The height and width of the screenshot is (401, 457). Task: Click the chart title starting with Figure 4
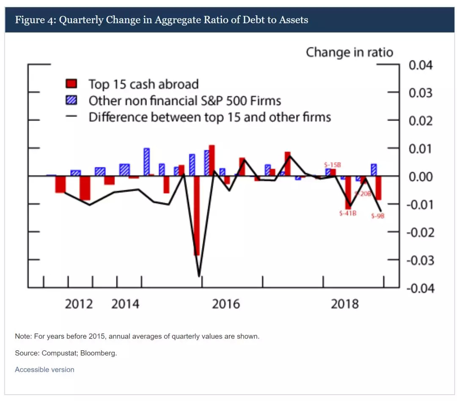[x=161, y=20]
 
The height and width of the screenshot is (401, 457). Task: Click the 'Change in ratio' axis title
[x=349, y=52]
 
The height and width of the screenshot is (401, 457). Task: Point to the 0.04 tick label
[x=420, y=66]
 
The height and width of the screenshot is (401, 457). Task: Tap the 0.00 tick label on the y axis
[x=420, y=177]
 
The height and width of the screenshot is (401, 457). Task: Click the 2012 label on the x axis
[x=79, y=304]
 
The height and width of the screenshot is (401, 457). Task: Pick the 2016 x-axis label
[x=226, y=304]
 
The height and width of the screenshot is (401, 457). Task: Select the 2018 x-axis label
[x=344, y=304]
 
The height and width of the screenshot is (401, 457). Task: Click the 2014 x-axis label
[x=125, y=304]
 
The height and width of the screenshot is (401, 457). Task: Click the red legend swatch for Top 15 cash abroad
[x=71, y=84]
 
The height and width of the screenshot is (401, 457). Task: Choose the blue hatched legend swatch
[x=71, y=101]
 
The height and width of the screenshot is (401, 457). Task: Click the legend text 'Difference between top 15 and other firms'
[x=209, y=117]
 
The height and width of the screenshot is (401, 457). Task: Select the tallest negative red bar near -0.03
[x=197, y=216]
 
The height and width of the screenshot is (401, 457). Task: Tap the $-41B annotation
[x=348, y=214]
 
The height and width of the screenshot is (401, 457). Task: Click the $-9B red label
[x=377, y=216]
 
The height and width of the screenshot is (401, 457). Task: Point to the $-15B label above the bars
[x=332, y=164]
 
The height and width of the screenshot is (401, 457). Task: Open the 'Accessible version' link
[x=44, y=370]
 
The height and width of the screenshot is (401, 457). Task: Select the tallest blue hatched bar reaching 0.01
[x=146, y=162]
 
